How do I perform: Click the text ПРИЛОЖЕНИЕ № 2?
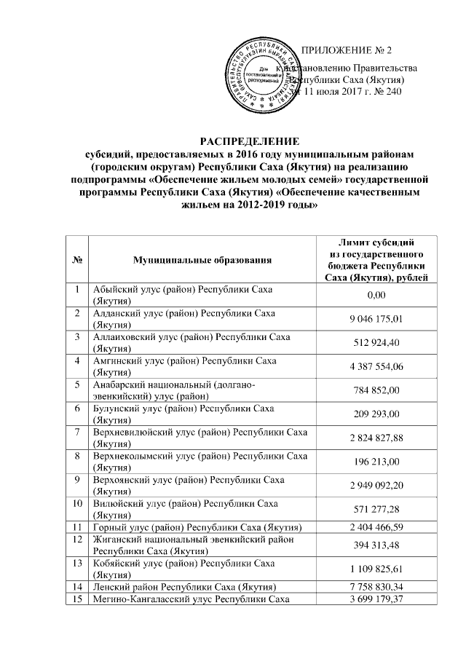(x=346, y=50)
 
